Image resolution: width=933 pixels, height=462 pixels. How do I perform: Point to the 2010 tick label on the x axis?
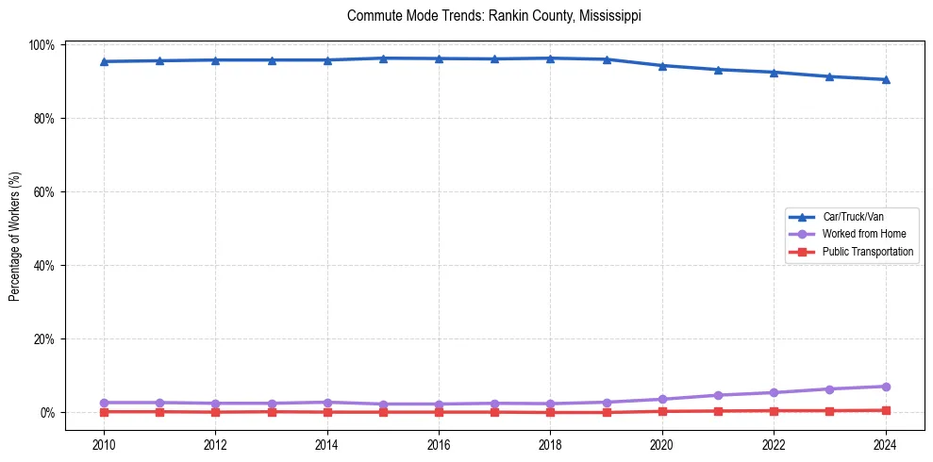[104, 446]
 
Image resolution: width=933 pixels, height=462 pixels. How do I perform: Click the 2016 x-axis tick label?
[439, 446]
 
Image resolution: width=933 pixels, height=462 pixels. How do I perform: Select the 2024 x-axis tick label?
[885, 446]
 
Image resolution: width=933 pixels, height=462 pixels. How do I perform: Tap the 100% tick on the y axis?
[43, 45]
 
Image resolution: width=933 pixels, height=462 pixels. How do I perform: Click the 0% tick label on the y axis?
[49, 413]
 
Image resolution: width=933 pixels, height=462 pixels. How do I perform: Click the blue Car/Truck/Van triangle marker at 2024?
[885, 79]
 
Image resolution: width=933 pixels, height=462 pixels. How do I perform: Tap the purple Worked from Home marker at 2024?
[885, 387]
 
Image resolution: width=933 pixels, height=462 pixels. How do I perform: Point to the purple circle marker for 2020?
[662, 400]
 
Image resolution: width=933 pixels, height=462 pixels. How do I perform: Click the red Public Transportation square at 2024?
[885, 410]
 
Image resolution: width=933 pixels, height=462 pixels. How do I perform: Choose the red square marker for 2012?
[215, 412]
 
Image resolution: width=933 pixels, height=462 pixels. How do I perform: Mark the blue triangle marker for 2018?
[550, 58]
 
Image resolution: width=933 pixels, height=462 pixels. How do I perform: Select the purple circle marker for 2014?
[327, 403]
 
